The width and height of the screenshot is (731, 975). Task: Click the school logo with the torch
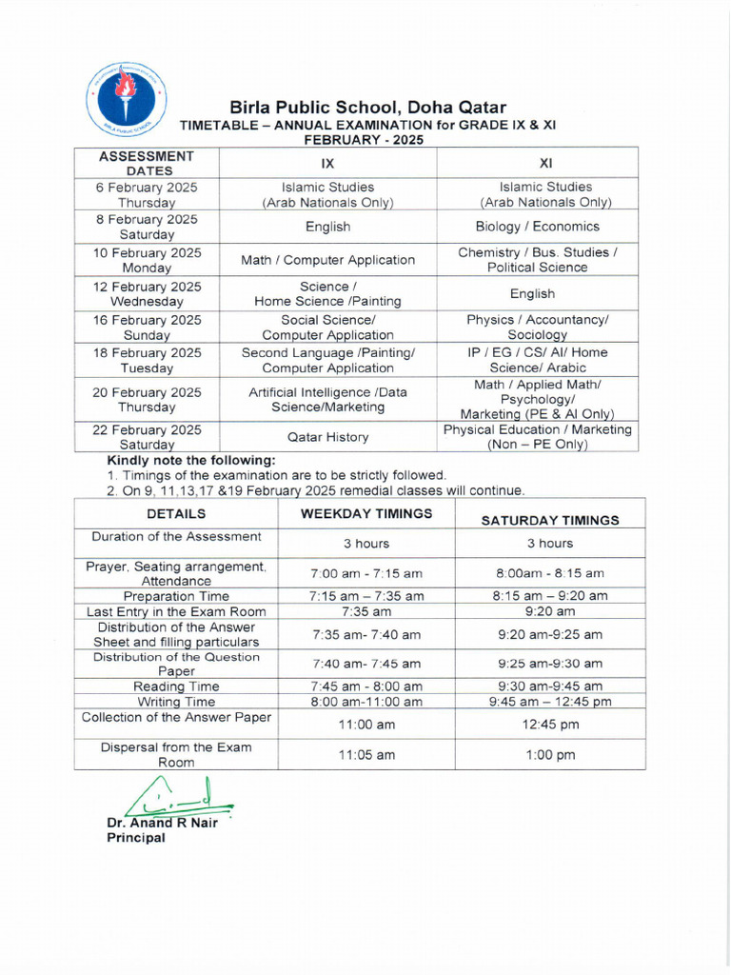(126, 98)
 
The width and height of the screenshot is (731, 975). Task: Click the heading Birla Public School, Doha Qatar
(367, 108)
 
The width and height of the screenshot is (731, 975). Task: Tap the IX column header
(327, 163)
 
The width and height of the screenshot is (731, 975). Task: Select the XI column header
(545, 163)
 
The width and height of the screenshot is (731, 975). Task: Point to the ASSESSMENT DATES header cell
(147, 163)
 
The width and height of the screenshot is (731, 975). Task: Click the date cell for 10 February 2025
(147, 260)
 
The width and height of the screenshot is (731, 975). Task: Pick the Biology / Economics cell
(537, 227)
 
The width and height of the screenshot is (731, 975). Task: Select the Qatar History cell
(327, 437)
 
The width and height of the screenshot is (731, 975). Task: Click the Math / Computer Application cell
(327, 260)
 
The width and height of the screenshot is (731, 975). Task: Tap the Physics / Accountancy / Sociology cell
(537, 328)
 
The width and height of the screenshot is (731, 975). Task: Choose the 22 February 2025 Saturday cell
(147, 437)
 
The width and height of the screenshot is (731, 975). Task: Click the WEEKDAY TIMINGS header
(366, 513)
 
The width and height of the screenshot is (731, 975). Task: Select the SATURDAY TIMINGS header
(550, 520)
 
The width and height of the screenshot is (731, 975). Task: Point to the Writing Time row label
(176, 702)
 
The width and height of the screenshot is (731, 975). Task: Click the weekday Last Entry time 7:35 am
(366, 611)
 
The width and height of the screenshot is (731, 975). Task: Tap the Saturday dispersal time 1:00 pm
(550, 754)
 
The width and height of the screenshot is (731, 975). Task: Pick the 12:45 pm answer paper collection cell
(550, 724)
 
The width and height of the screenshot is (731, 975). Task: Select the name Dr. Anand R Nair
(162, 823)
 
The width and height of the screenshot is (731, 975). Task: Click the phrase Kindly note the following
(191, 460)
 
